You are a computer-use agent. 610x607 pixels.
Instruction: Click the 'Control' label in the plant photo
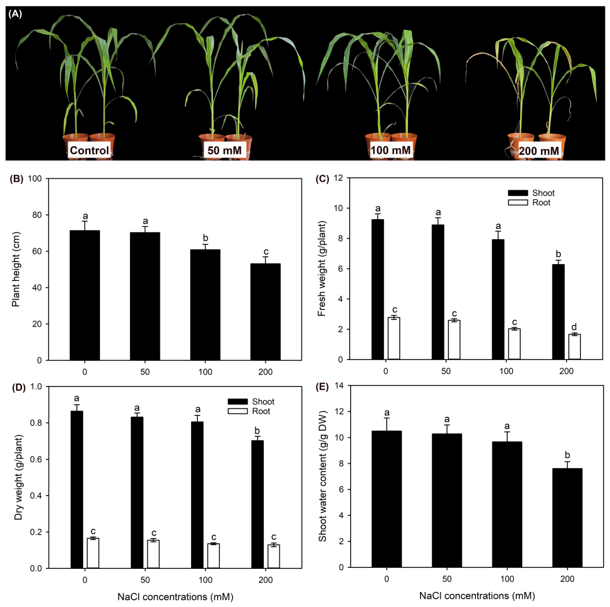point(89,150)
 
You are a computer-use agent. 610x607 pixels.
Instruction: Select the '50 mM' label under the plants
point(225,150)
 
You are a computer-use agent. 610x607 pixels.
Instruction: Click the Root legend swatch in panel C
point(518,202)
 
